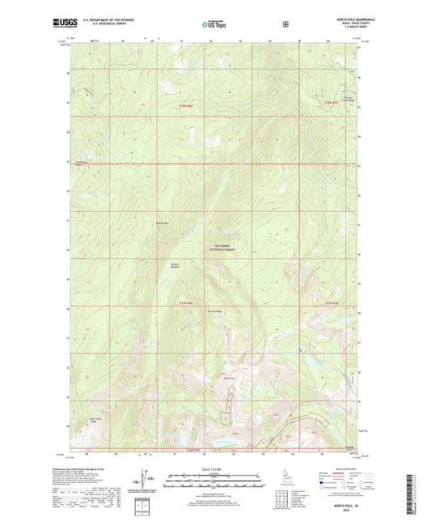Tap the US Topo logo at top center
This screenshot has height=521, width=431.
point(213,25)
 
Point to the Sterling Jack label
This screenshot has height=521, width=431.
point(162,222)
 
